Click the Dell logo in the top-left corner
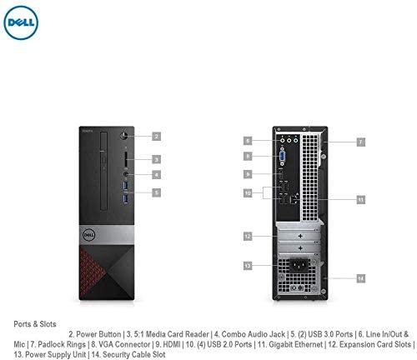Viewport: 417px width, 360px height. (x=21, y=22)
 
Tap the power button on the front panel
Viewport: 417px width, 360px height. (x=124, y=136)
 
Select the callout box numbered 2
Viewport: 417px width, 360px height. (x=157, y=137)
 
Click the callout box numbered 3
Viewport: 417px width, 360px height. (x=157, y=159)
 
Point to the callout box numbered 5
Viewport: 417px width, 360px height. (x=157, y=192)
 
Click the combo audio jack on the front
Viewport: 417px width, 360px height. (x=126, y=174)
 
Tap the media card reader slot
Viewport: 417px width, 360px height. (x=126, y=159)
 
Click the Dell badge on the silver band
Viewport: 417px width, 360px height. (x=89, y=235)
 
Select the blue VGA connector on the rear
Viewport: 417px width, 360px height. (x=282, y=156)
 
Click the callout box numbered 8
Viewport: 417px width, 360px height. (x=248, y=156)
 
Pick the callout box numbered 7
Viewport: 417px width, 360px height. (x=361, y=142)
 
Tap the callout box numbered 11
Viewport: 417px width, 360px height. (x=361, y=199)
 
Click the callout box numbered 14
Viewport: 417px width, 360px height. (x=361, y=278)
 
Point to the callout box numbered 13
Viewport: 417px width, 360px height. (x=248, y=266)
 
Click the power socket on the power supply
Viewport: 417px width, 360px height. (x=299, y=266)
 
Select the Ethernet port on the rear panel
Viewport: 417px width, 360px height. (x=294, y=199)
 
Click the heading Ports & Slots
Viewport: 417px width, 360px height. (x=35, y=324)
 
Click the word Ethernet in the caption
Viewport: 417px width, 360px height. (x=309, y=344)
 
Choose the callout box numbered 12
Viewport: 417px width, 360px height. (x=248, y=237)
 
